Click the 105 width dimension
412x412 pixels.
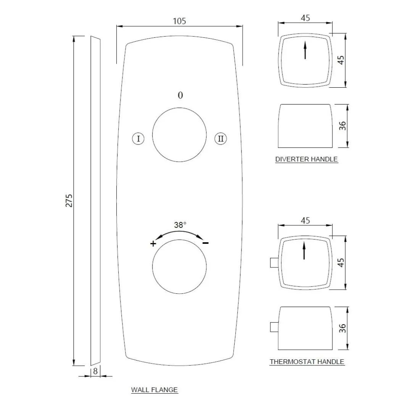pyautogui.click(x=179, y=21)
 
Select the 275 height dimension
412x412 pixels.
pyautogui.click(x=69, y=201)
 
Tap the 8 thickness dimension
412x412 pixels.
pyautogui.click(x=95, y=371)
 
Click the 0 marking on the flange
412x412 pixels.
pyautogui.click(x=180, y=95)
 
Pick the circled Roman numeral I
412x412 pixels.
pyautogui.click(x=138, y=138)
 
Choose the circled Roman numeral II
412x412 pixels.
pyautogui.click(x=221, y=138)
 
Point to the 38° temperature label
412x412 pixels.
pyautogui.click(x=180, y=225)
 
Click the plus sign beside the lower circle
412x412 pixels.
pyautogui.click(x=153, y=243)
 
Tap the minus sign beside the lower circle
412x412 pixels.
pyautogui.click(x=206, y=243)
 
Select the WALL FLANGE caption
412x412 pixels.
pyautogui.click(x=154, y=390)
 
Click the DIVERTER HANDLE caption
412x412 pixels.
pyautogui.click(x=306, y=159)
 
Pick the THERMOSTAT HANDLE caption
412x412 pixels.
pyautogui.click(x=307, y=362)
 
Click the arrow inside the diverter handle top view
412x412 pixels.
pyautogui.click(x=305, y=50)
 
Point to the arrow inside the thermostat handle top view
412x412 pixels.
pyautogui.click(x=304, y=251)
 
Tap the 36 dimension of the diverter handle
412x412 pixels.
pyautogui.click(x=342, y=126)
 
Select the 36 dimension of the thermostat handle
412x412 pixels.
pyautogui.click(x=342, y=328)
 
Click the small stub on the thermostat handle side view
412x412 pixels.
pyautogui.click(x=274, y=327)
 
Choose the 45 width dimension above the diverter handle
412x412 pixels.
pyautogui.click(x=305, y=18)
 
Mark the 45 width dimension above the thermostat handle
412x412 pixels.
pyautogui.click(x=305, y=220)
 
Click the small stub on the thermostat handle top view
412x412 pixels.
pyautogui.click(x=274, y=263)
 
